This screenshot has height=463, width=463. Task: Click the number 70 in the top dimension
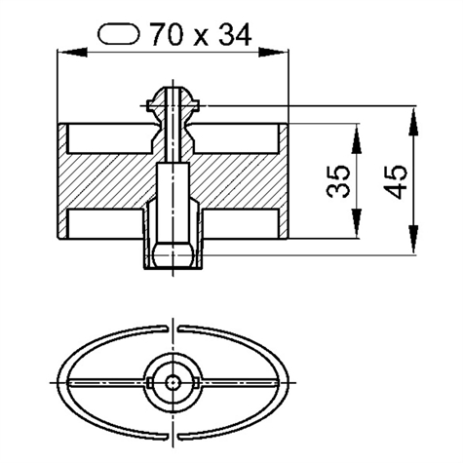166,34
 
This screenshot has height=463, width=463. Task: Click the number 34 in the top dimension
235,34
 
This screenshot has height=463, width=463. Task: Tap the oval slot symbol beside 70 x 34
119,33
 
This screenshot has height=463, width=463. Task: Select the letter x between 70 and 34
200,37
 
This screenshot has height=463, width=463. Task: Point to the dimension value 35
338,181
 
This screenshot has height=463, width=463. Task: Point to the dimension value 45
395,181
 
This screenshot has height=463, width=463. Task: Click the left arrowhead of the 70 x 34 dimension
72,52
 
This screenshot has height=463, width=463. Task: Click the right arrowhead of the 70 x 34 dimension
273,52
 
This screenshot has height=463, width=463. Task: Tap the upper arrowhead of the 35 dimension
357,138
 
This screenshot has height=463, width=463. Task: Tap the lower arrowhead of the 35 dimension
357,224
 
